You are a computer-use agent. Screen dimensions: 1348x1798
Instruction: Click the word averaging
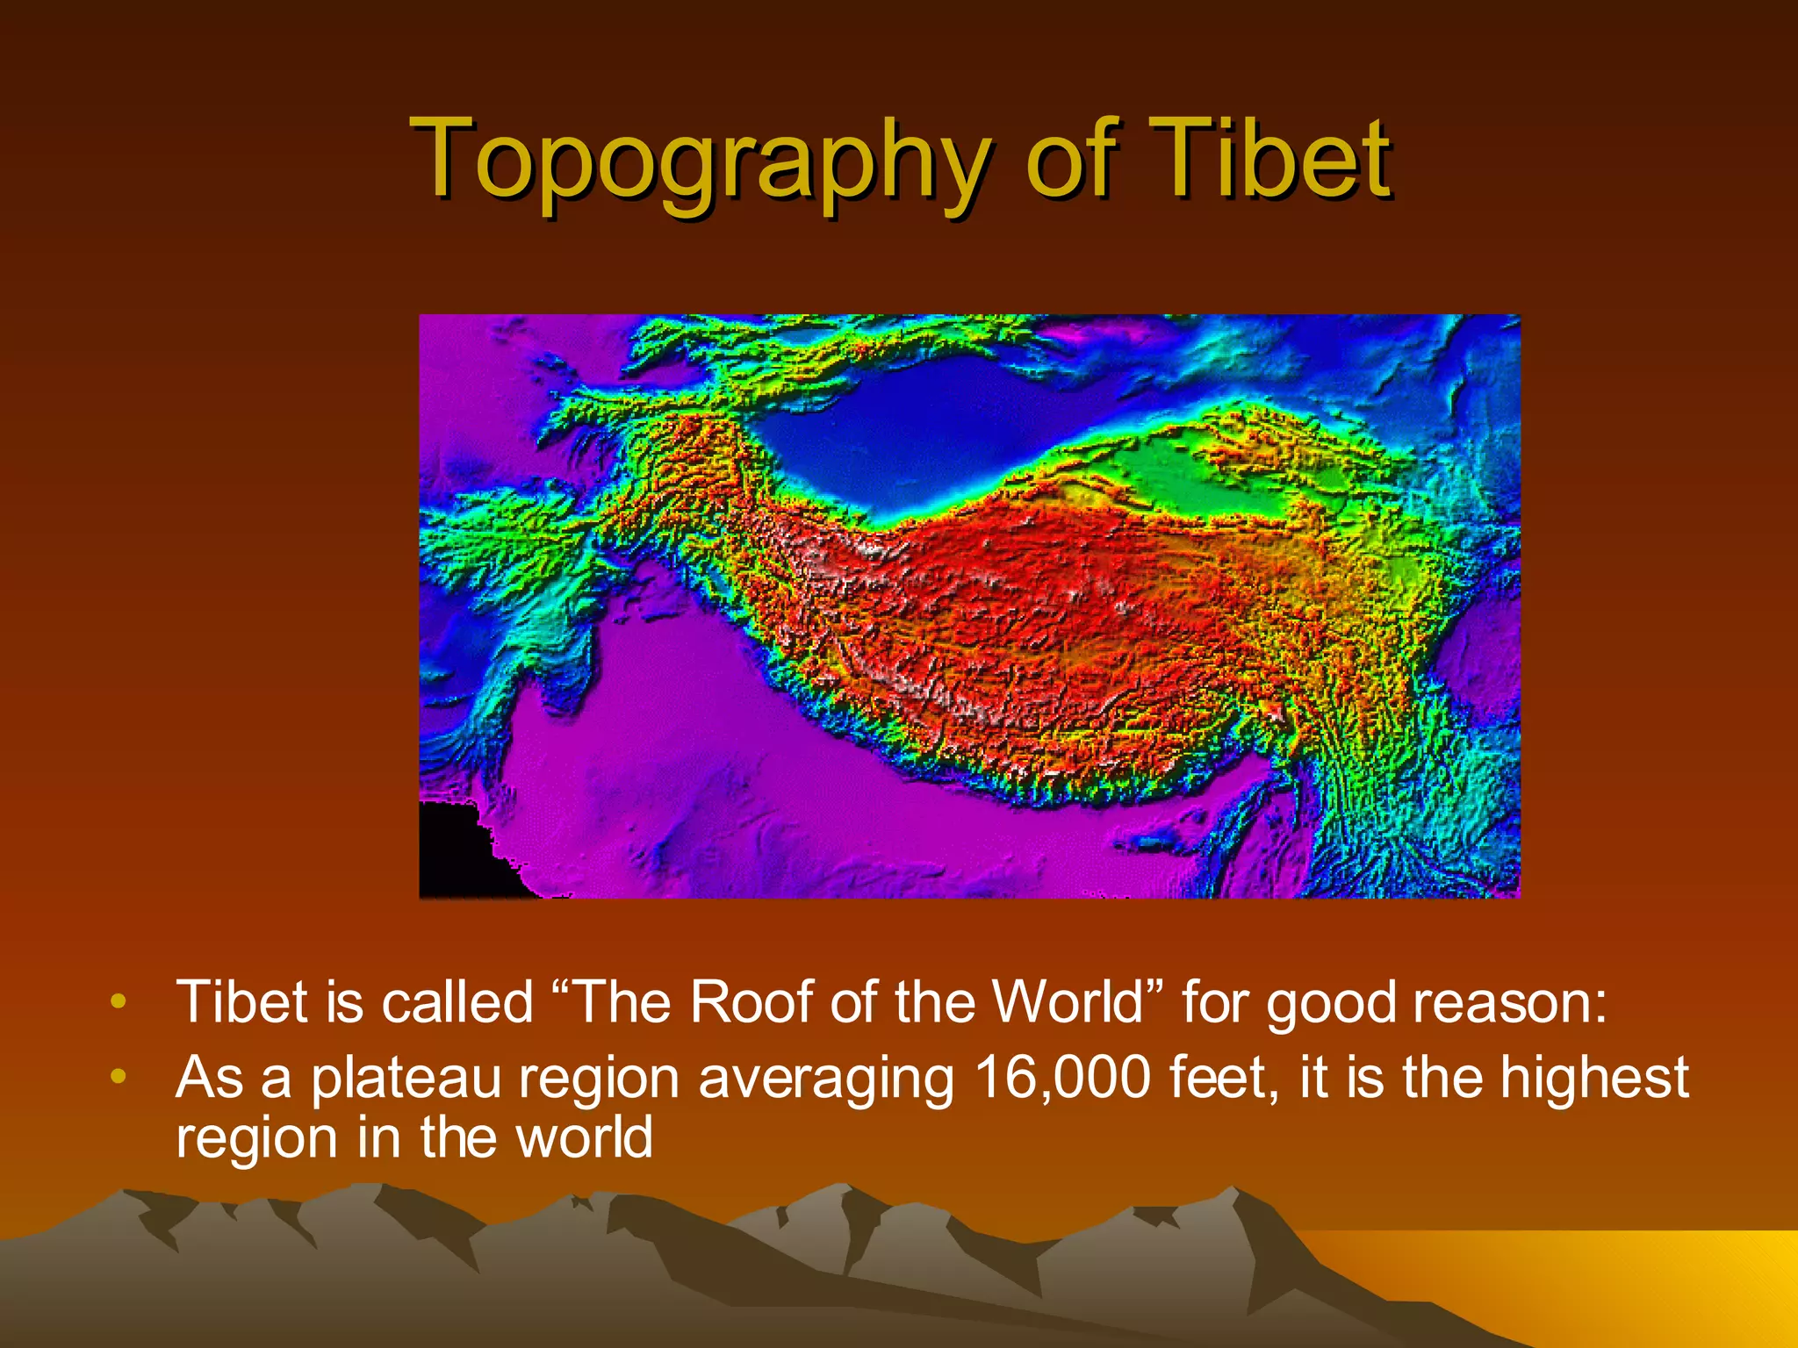point(825,1079)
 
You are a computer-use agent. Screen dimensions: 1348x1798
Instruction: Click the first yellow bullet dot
point(119,1001)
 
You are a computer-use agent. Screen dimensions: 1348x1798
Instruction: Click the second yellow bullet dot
point(119,1076)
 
